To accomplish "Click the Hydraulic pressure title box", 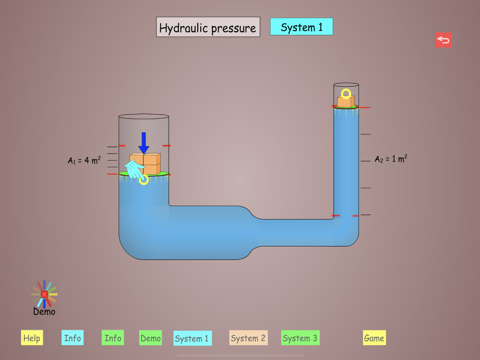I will pos(208,27).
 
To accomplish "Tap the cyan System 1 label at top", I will pos(301,27).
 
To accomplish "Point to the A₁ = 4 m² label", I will pos(84,160).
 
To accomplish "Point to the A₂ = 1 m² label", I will pos(391,159).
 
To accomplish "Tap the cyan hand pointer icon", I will pos(134,169).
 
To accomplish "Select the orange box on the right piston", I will pos(346,101).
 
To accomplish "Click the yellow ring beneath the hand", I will pos(144,180).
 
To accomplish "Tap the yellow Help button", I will pos(32,338).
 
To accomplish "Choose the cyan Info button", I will pos(72,338).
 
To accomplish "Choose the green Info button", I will pos(113,338).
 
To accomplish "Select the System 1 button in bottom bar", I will pos(192,338).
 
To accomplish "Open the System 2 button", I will pos(248,338).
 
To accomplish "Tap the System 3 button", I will pos(300,338).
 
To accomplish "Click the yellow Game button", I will pos(374,338).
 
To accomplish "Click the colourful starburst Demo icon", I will pos(44,294).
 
